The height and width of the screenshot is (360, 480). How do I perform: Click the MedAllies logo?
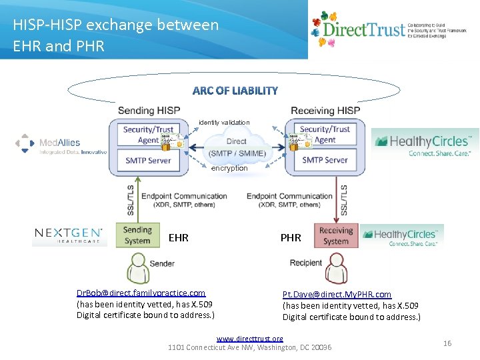(61, 144)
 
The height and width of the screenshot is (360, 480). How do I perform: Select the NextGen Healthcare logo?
(69, 236)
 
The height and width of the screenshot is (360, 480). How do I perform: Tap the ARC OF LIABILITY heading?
(235, 91)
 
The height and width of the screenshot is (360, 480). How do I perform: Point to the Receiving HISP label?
(326, 110)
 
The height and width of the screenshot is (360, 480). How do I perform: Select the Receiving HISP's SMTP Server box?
(325, 160)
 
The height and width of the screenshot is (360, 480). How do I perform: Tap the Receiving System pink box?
(336, 236)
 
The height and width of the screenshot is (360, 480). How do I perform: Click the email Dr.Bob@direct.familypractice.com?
(141, 293)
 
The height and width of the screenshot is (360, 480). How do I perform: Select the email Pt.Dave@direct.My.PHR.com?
(337, 294)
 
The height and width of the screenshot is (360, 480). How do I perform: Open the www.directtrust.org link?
(249, 339)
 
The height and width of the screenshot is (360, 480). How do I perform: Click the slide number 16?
(447, 343)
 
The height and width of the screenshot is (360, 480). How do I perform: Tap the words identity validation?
(224, 123)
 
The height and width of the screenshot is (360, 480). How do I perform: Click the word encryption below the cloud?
(229, 169)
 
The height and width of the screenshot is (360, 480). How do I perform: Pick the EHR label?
(179, 237)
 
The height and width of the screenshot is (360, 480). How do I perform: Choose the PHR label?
(291, 237)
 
